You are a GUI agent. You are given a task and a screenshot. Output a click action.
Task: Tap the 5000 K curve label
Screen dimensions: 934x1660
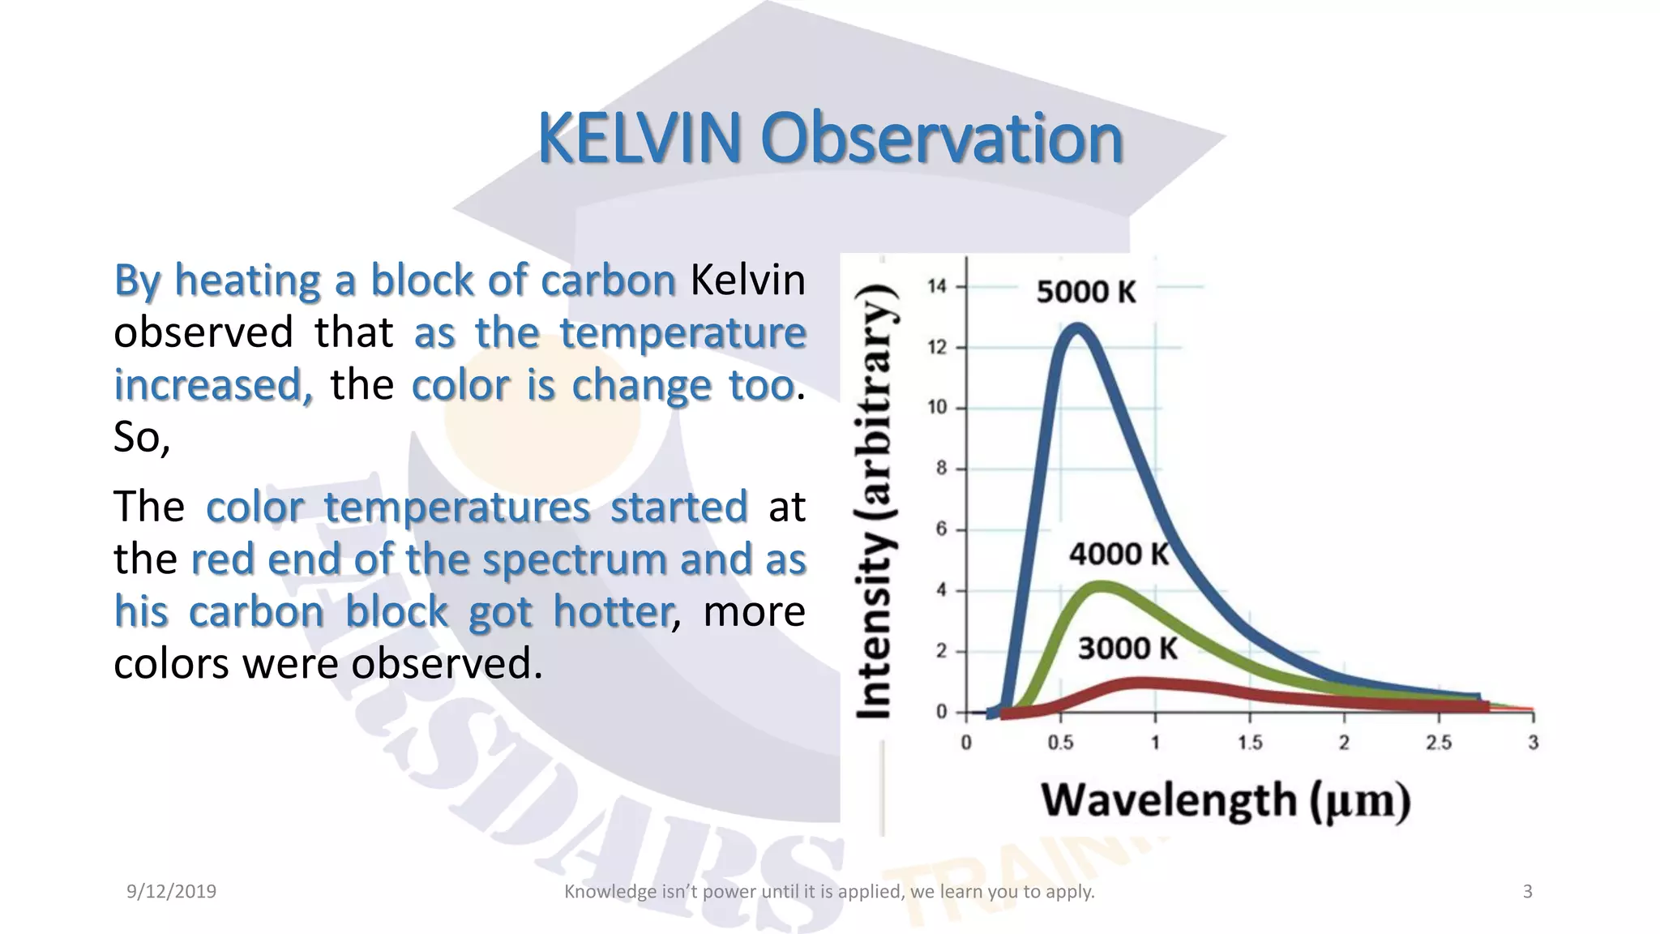click(1086, 292)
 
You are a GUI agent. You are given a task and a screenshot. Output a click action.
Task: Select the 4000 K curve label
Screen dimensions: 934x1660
click(1119, 555)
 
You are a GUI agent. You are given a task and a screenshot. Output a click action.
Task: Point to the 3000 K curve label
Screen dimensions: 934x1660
click(1127, 649)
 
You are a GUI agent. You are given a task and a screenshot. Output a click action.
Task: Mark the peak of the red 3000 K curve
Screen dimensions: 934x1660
click(1143, 683)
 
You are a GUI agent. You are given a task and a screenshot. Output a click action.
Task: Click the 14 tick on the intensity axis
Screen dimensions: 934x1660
click(937, 286)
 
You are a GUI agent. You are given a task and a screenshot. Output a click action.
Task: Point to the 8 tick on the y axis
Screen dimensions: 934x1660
click(941, 469)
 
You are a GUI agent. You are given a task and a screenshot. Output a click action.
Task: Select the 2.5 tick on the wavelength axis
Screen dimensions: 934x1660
click(1439, 743)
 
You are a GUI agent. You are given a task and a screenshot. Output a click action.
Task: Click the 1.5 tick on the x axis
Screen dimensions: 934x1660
click(1250, 743)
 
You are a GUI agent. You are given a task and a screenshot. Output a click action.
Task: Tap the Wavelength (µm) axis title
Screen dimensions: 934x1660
click(1226, 801)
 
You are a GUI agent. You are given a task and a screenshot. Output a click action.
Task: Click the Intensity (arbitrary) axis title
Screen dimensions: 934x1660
click(875, 503)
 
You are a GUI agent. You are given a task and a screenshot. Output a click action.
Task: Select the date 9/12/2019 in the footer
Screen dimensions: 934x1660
click(171, 892)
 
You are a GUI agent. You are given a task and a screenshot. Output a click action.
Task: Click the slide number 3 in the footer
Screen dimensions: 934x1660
click(1527, 892)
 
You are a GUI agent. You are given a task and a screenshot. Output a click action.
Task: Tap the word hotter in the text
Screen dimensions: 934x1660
click(613, 611)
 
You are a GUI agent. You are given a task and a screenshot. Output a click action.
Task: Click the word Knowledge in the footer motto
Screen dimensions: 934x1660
click(599, 892)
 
